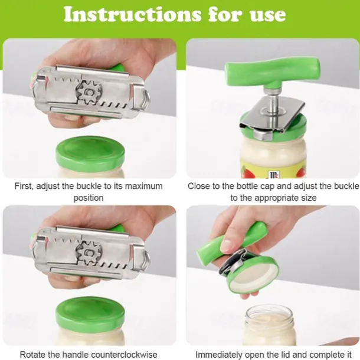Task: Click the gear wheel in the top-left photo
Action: pos(89,92)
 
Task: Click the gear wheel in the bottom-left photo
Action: pos(89,253)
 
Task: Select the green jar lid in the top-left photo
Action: pos(90,152)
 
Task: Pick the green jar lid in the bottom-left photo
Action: pos(90,313)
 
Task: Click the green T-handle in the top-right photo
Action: pos(273,71)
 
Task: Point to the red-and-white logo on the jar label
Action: pos(273,175)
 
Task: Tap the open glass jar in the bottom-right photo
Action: pos(269,325)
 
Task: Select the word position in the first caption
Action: pos(89,198)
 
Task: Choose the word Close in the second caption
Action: pos(198,186)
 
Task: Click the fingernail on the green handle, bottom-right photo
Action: pos(227,245)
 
